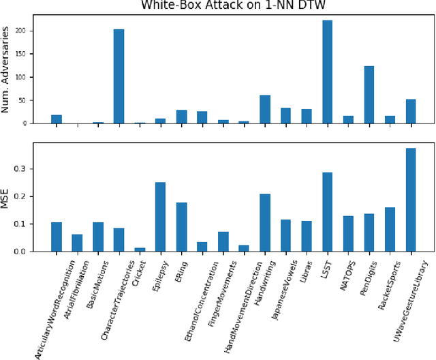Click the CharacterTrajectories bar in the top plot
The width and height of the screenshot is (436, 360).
[x=119, y=76]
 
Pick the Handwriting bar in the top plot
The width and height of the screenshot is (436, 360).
[x=264, y=109]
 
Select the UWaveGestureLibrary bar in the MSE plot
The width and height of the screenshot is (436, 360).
[x=410, y=200]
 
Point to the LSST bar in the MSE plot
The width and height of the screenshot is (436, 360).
[x=327, y=212]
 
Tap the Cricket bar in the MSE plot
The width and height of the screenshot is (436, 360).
[x=140, y=250]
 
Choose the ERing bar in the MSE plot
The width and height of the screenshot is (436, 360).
[x=181, y=227]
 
